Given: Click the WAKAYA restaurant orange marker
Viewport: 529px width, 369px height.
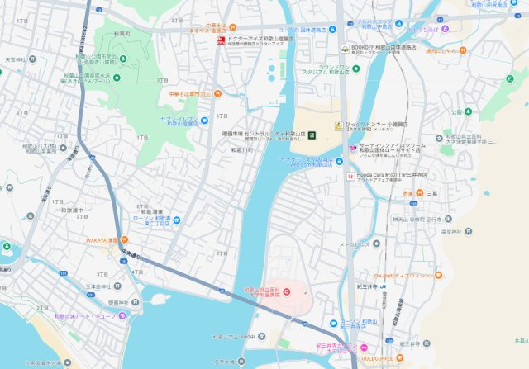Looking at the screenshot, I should [112, 240].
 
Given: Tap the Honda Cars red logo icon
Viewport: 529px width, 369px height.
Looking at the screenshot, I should [350, 176].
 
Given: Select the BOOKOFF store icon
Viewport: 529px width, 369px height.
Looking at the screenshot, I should [344, 49].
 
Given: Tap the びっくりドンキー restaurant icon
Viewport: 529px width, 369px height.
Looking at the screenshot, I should [339, 125].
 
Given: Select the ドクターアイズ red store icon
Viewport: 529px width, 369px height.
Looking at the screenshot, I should [220, 40].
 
